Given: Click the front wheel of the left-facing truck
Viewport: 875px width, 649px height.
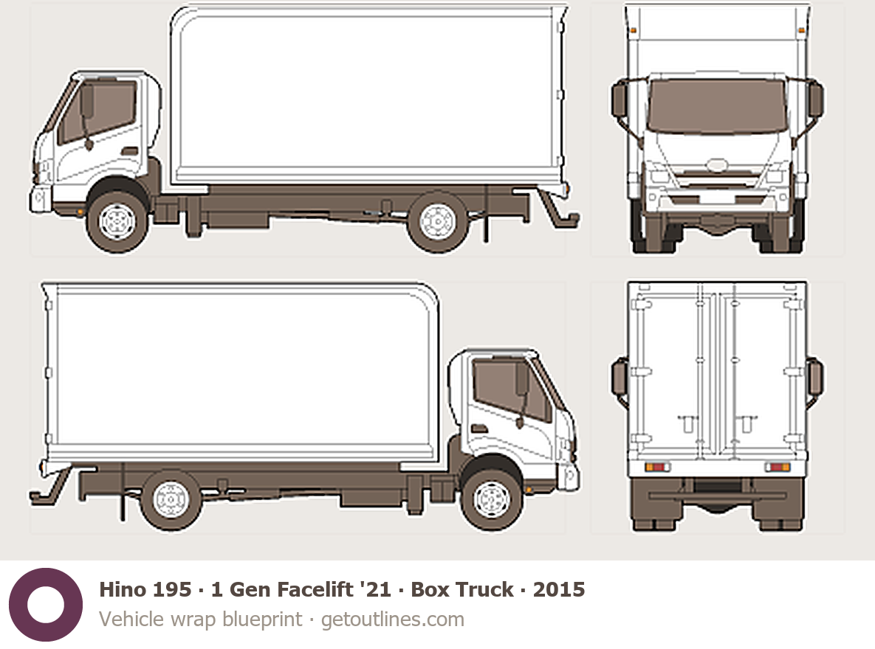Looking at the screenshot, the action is pyautogui.click(x=117, y=221).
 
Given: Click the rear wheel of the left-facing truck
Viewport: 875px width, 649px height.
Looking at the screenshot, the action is pyautogui.click(x=438, y=221).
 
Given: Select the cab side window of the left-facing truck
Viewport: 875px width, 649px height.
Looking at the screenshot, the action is pyautogui.click(x=97, y=111).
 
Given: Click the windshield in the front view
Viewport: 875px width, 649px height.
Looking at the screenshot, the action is pyautogui.click(x=717, y=106).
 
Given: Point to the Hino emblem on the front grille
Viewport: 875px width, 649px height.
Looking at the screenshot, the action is pyautogui.click(x=717, y=165).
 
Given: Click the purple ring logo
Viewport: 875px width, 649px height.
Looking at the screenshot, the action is pyautogui.click(x=46, y=605).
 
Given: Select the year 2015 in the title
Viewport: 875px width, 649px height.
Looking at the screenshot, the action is pyautogui.click(x=558, y=589).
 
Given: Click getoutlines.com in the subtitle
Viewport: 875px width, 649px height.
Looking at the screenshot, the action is pyautogui.click(x=392, y=619).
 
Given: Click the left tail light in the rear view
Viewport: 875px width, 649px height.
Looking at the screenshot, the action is pyautogui.click(x=657, y=467).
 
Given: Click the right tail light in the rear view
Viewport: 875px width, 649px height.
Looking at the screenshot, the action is pyautogui.click(x=778, y=467).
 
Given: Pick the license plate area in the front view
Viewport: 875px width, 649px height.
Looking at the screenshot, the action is pyautogui.click(x=717, y=198).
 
